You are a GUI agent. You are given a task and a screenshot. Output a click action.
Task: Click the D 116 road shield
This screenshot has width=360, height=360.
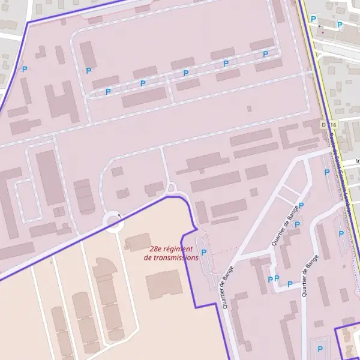[x=329, y=124]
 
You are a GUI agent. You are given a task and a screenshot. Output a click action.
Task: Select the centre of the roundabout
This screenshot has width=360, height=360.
[x=113, y=221]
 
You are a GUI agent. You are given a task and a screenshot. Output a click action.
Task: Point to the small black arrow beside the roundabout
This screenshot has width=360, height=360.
[x=119, y=214]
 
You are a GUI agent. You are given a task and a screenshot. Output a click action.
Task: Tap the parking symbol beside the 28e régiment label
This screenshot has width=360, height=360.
[x=204, y=253]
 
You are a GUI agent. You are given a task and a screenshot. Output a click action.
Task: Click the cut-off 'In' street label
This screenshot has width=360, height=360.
[x=357, y=161]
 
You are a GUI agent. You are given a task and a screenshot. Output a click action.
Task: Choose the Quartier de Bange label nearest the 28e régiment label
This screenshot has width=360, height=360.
[x=227, y=287]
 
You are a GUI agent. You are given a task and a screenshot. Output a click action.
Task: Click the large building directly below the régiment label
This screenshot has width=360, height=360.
[x=163, y=282]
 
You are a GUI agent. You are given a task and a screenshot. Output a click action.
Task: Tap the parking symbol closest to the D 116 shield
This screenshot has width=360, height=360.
[x=327, y=173]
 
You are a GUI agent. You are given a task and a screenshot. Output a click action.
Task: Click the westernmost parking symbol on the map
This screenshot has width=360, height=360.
[x=25, y=70]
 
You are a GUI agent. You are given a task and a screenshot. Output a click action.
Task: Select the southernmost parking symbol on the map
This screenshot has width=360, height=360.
[x=319, y=348]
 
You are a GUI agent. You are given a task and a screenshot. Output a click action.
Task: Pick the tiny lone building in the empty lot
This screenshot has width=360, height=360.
[x=249, y=109]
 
